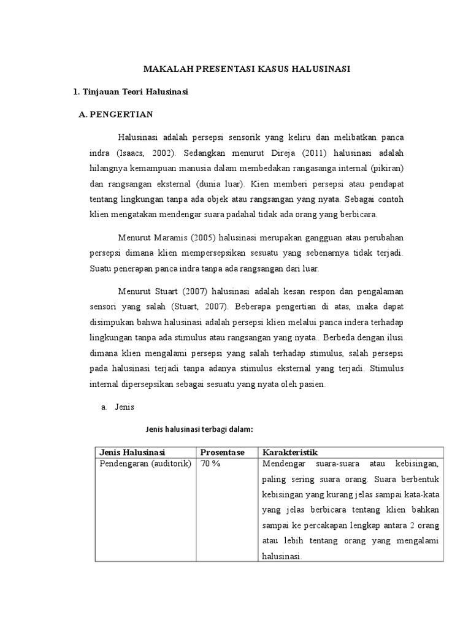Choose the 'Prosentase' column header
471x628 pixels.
[x=223, y=452]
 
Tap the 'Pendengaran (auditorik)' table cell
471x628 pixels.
[x=145, y=463]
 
